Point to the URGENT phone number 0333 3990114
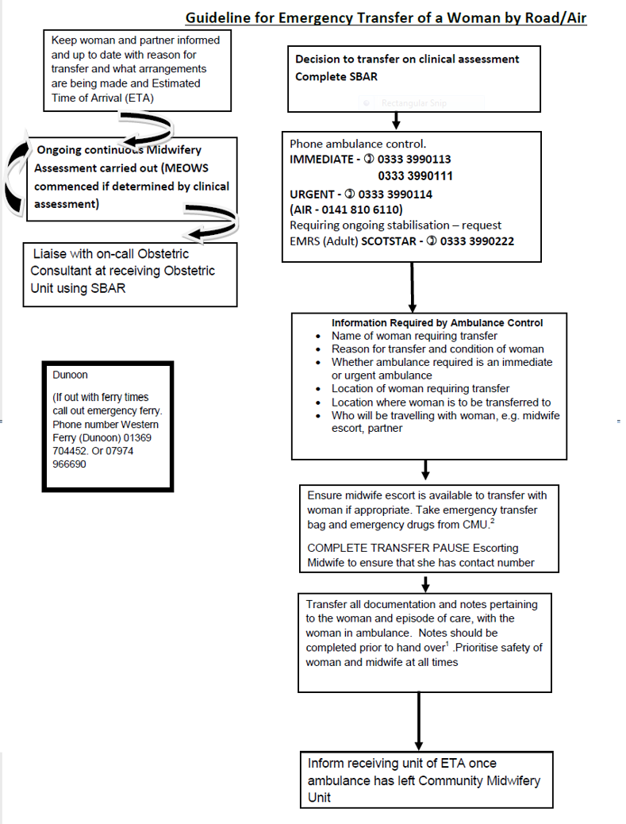pos(395,194)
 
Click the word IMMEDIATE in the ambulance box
pos(321,159)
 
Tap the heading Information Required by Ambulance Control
pos(437,323)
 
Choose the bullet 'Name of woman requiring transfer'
pos(414,336)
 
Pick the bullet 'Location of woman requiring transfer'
pos(421,389)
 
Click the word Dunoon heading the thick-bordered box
pos(70,375)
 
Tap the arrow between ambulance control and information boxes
pos(412,287)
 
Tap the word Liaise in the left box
pos(49,255)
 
